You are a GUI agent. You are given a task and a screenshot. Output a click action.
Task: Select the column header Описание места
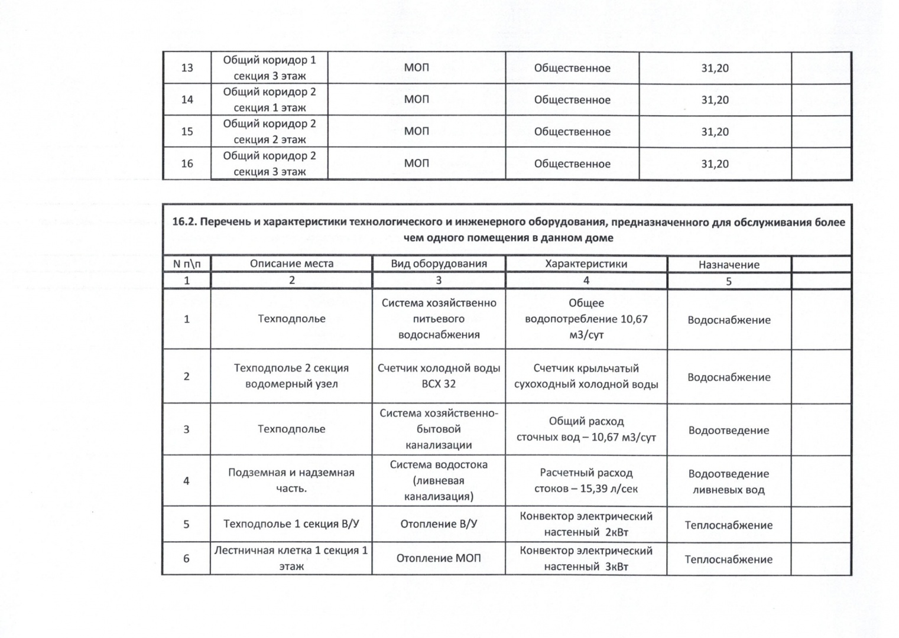291,263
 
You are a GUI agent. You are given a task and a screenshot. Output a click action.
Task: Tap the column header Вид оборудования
439,263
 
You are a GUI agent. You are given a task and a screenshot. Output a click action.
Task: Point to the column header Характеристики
586,263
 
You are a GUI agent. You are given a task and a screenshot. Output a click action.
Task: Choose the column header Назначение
729,265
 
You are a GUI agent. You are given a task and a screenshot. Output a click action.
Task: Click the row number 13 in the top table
187,68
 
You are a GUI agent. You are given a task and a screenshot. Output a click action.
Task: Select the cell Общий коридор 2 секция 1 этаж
270,99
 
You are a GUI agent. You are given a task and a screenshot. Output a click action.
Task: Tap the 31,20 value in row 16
715,164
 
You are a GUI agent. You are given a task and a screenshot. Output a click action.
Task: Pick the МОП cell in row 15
417,131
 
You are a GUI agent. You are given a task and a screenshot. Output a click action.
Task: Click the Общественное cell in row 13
572,68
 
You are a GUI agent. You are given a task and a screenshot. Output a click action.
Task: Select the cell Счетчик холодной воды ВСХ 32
439,376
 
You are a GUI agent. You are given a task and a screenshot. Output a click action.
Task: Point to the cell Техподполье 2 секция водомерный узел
291,376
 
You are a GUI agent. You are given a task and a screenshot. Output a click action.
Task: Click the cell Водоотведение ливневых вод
729,481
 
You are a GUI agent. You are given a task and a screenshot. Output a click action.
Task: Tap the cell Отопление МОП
439,558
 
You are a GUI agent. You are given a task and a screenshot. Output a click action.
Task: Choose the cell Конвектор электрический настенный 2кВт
586,524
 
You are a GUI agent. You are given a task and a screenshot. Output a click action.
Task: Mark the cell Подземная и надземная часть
291,480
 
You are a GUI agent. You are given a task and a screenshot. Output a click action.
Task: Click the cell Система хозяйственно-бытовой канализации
439,429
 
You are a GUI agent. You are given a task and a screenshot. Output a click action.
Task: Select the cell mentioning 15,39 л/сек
586,480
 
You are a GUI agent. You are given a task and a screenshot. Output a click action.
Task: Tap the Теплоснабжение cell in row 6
729,559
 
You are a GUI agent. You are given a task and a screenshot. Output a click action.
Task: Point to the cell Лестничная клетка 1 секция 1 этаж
291,558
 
